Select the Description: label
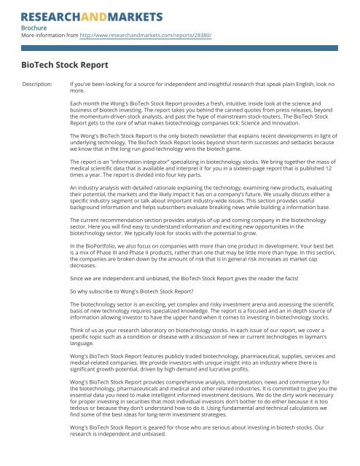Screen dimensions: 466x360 pos(40,84)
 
